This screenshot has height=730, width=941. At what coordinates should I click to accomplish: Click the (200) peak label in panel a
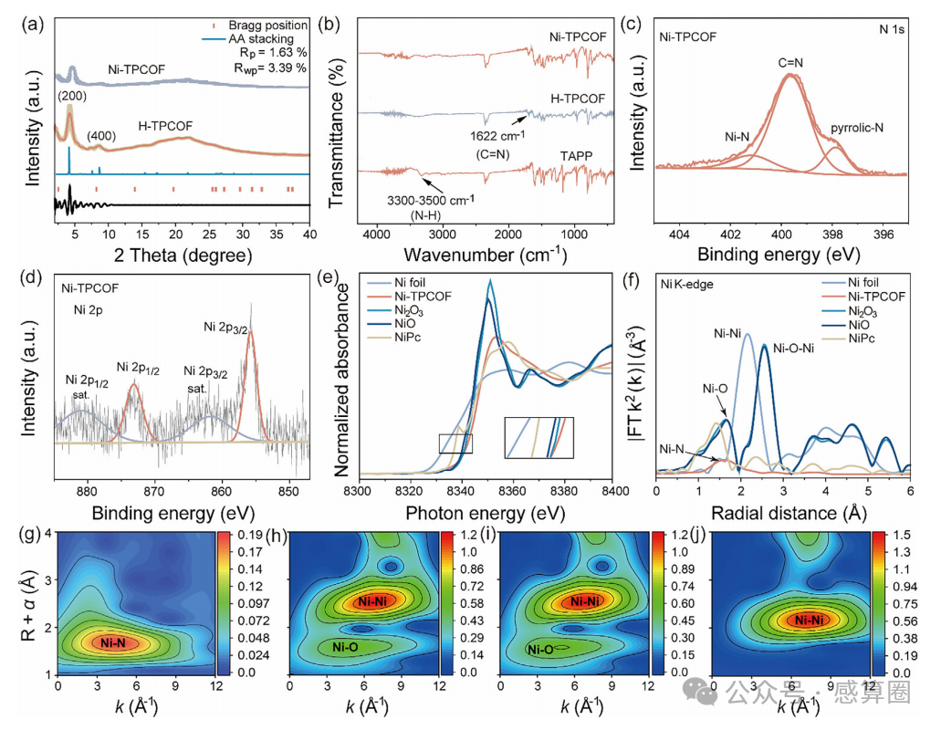pyautogui.click(x=72, y=97)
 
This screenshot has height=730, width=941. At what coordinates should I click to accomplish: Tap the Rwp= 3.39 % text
pyautogui.click(x=270, y=68)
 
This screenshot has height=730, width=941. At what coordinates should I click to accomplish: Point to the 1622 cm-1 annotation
pyautogui.click(x=497, y=136)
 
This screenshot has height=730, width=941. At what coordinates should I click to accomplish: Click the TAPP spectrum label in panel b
pyautogui.click(x=576, y=156)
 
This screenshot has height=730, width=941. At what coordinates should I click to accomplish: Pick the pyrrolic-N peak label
pyautogui.click(x=857, y=128)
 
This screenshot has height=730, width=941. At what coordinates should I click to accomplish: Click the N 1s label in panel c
pyautogui.click(x=892, y=29)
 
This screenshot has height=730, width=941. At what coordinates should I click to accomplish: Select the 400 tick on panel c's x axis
pyautogui.click(x=781, y=235)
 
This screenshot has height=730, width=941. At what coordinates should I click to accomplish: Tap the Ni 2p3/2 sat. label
pyautogui.click(x=204, y=380)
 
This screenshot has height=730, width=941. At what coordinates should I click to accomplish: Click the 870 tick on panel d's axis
pyautogui.click(x=154, y=491)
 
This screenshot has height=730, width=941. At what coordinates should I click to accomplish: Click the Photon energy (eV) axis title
pyautogui.click(x=485, y=513)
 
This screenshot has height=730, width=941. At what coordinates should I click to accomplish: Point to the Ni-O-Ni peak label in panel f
pyautogui.click(x=793, y=349)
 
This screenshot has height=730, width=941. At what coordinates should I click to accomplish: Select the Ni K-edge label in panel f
pyautogui.click(x=686, y=285)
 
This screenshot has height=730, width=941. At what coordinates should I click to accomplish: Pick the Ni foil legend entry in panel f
pyautogui.click(x=850, y=283)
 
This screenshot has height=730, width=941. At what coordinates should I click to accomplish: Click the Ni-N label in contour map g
pyautogui.click(x=113, y=643)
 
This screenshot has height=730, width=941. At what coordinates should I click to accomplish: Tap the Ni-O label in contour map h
pyautogui.click(x=345, y=647)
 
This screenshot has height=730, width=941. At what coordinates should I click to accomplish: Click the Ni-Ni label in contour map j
pyautogui.click(x=809, y=620)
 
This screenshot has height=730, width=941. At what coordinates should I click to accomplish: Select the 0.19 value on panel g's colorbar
pyautogui.click(x=250, y=535)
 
